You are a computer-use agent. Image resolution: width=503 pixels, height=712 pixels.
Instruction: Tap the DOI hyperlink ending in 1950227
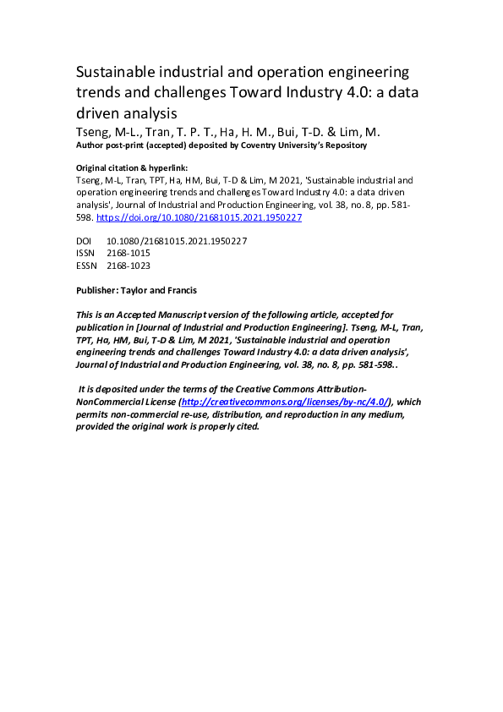click(200, 217)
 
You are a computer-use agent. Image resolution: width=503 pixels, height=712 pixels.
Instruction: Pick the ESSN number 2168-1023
click(128, 266)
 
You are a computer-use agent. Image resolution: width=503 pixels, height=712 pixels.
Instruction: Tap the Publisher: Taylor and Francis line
click(136, 290)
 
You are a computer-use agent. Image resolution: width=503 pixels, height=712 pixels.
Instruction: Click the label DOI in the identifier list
click(84, 241)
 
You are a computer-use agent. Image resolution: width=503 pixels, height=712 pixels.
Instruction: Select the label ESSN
click(86, 266)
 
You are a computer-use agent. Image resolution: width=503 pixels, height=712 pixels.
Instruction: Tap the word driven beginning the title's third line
click(98, 112)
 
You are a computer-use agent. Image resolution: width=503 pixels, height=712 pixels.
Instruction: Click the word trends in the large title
click(99, 91)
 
